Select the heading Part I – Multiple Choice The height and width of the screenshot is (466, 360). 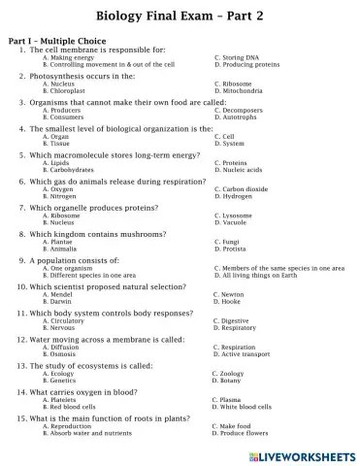pos(59,42)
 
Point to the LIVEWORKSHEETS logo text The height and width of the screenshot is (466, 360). pos(304,454)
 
